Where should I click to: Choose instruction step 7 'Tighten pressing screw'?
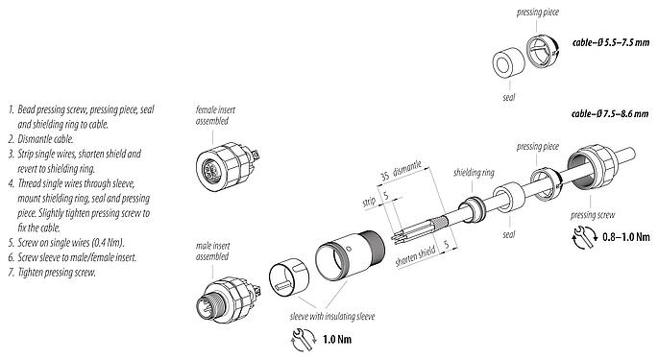coord(61,272)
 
